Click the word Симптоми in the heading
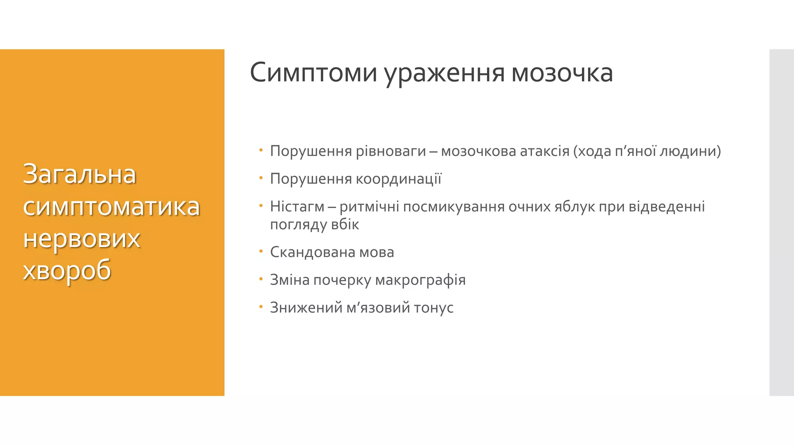coord(313,73)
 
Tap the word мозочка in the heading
coord(562,73)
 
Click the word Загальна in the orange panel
coord(79,174)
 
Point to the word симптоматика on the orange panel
coord(111,206)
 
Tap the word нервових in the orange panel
coord(81,238)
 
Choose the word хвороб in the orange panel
coord(67,270)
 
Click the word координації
coord(399,179)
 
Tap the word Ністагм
coord(297,207)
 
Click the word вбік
coord(345,225)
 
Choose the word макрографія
coord(420,280)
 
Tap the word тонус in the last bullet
coord(433,308)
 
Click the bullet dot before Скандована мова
coord(261,251)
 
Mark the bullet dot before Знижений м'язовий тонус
coord(261,307)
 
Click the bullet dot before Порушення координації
coord(261,178)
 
